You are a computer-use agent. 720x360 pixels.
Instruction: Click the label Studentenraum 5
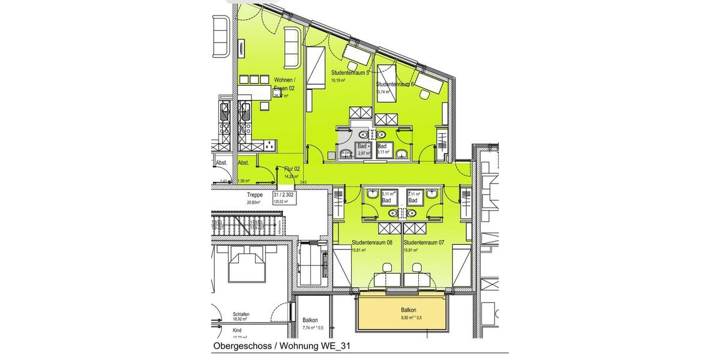pos(351,73)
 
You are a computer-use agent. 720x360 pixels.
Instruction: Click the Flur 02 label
pos(292,170)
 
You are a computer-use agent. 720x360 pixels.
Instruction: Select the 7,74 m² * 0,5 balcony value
pos(313,328)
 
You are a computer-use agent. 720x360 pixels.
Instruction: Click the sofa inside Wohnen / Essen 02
pos(292,47)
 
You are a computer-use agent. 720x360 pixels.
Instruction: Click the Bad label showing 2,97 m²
pos(362,146)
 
